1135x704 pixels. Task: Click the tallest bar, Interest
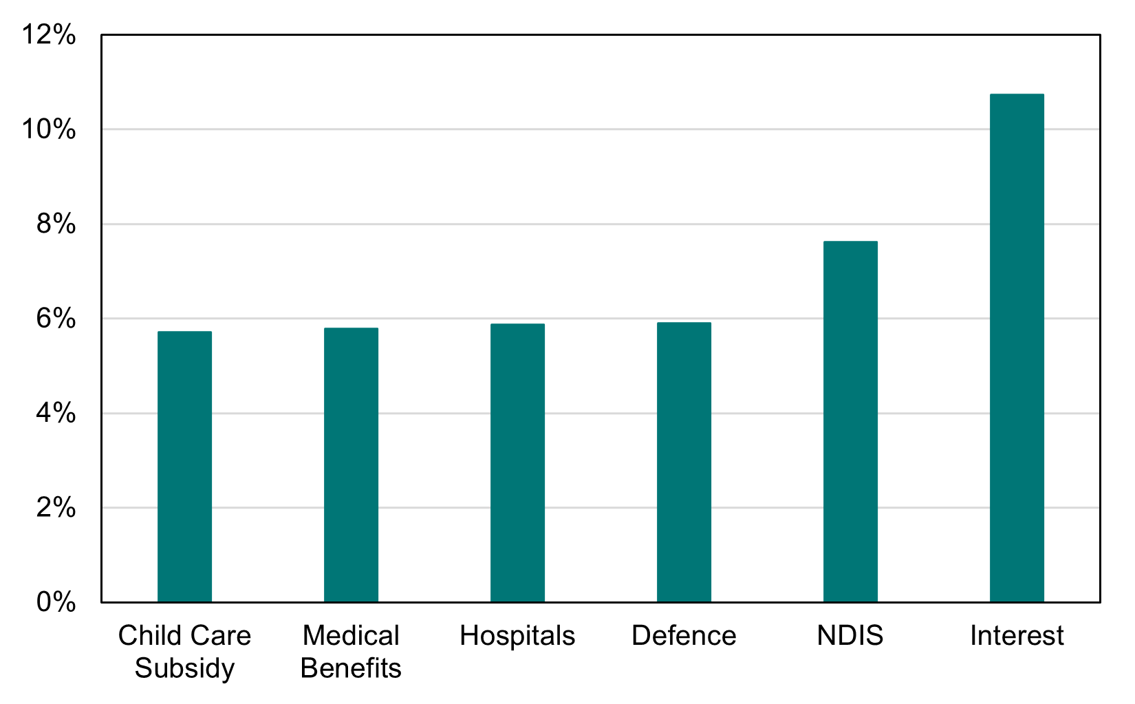point(1017,348)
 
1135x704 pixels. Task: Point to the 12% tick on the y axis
point(48,34)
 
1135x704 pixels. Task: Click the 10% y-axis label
point(48,129)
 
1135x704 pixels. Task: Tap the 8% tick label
point(56,224)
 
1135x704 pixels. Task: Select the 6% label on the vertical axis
point(56,319)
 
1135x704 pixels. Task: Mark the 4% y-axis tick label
point(56,413)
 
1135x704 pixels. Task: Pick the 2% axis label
point(56,508)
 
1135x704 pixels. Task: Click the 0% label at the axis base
point(56,602)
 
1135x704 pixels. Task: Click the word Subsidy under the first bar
point(184,668)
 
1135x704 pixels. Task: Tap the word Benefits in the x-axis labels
point(351,668)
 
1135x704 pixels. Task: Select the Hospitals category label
point(517,636)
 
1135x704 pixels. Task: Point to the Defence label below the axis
point(684,636)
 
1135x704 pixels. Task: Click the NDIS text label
point(850,636)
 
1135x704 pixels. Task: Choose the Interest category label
point(1017,636)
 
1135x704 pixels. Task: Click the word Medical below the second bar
point(351,636)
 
